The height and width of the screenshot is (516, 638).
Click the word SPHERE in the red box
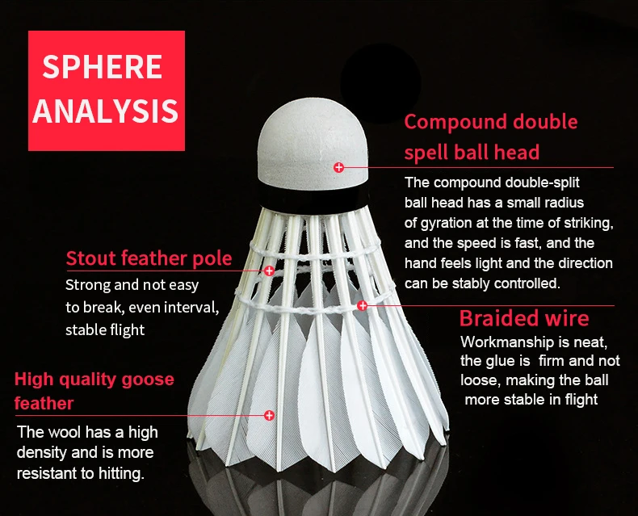[102, 67]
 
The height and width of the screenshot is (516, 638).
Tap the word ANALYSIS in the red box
[105, 111]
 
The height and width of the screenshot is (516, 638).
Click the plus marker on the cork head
[338, 167]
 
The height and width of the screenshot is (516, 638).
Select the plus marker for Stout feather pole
[269, 271]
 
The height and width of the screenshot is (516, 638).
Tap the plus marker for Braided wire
[362, 305]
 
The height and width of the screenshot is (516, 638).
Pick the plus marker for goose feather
[269, 415]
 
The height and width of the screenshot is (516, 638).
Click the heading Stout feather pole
[149, 258]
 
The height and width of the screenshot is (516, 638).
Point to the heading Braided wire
[524, 318]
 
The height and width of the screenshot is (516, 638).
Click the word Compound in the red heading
[455, 122]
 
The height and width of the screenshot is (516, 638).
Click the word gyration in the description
[454, 224]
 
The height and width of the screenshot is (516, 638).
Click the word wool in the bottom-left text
[63, 432]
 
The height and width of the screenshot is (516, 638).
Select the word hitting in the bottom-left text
[121, 473]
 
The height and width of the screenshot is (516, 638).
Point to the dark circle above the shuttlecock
[380, 83]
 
